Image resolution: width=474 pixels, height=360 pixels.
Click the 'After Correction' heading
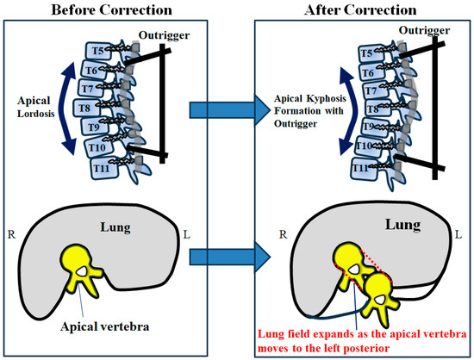point(354,10)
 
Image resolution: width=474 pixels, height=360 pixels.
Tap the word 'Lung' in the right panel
point(402,226)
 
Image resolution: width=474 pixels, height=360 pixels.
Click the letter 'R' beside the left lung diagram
point(9,233)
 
